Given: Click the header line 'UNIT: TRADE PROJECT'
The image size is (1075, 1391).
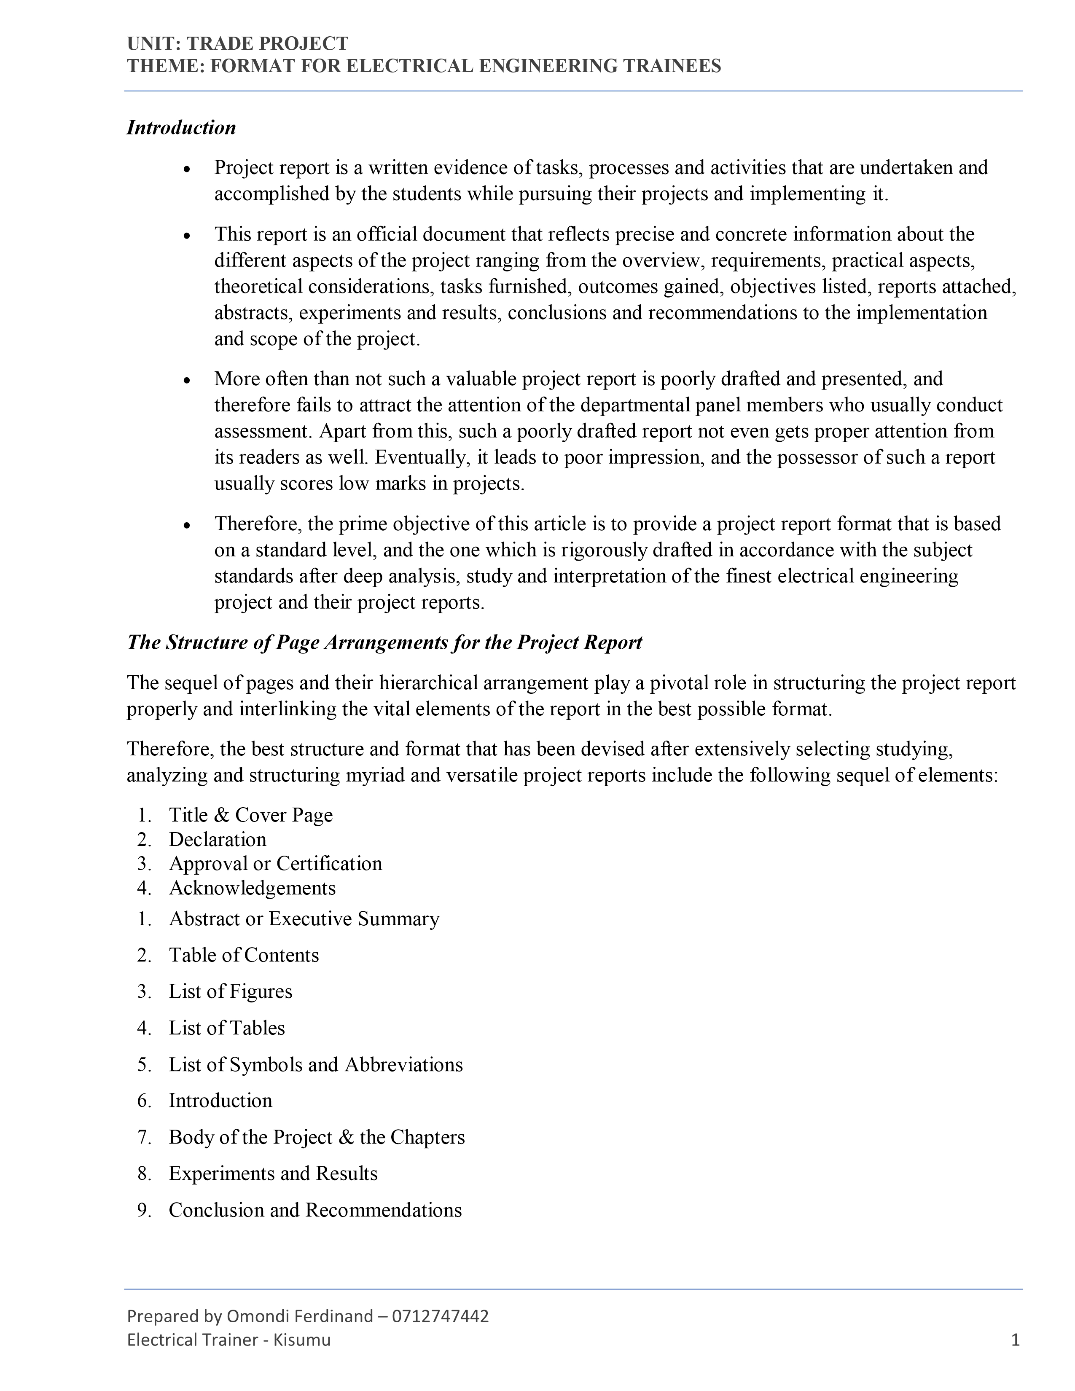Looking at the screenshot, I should [x=237, y=43].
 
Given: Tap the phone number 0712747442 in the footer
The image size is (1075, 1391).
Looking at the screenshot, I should [x=441, y=1316].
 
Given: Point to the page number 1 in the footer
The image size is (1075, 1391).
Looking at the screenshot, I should [x=1015, y=1340].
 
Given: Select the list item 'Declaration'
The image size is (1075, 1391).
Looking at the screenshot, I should [x=217, y=839].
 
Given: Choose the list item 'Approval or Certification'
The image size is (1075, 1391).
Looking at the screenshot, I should [x=275, y=864].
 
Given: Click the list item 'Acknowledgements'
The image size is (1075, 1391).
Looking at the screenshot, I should [x=252, y=888].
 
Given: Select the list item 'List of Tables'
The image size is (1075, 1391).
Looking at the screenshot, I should [x=227, y=1028].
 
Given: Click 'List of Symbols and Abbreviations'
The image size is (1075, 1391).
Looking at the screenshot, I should [x=316, y=1064].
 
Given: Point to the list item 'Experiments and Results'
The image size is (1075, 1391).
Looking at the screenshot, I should [x=273, y=1173].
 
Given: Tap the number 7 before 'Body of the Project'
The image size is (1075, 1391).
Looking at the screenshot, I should [x=143, y=1137].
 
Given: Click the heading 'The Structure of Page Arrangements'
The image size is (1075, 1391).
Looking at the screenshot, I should [x=384, y=642].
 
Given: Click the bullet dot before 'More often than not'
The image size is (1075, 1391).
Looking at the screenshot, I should [x=187, y=380].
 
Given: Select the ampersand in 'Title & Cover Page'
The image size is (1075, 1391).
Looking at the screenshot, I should [x=220, y=815].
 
